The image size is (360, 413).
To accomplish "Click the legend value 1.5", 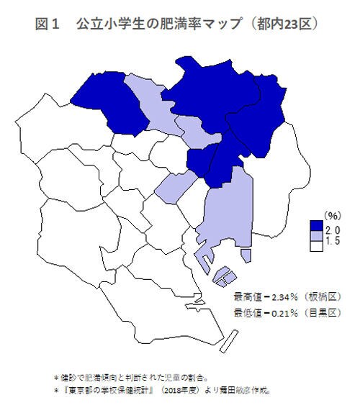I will pyautogui.click(x=333, y=241).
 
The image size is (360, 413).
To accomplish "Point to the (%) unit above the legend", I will pyautogui.click(x=331, y=215).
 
